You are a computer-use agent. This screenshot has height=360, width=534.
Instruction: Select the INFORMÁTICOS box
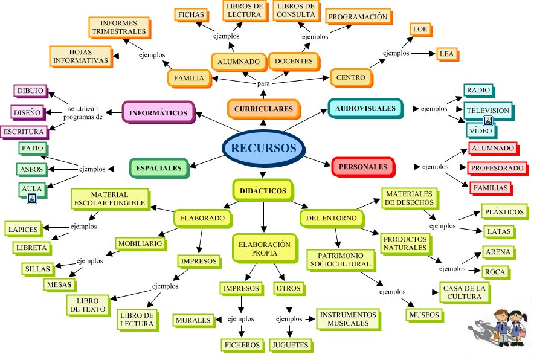pyautogui.click(x=158, y=112)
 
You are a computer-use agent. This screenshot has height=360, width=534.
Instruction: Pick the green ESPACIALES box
pyautogui.click(x=159, y=167)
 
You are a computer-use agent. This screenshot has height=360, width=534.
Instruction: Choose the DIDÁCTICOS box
pyautogui.click(x=263, y=190)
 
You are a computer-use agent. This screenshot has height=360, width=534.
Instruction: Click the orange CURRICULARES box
pyautogui.click(x=263, y=109)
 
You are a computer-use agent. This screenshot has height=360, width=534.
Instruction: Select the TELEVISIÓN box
pyautogui.click(x=487, y=111)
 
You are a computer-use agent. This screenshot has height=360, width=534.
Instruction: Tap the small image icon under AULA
pyautogui.click(x=33, y=198)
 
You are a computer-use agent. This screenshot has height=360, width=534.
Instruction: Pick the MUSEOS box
pyautogui.click(x=424, y=315)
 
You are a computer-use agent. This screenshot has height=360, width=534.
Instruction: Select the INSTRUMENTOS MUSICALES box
pyautogui.click(x=349, y=319)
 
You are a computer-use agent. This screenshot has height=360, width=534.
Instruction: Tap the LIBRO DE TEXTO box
pyautogui.click(x=88, y=304)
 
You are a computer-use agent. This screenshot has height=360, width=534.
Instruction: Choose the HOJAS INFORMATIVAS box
pyautogui.click(x=80, y=56)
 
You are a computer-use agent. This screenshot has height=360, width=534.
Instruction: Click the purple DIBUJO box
pyautogui.click(x=30, y=91)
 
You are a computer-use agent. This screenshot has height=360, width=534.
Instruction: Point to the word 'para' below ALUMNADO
pyautogui.click(x=264, y=83)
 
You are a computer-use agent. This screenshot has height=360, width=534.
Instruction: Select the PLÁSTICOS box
pyautogui.click(x=505, y=212)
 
